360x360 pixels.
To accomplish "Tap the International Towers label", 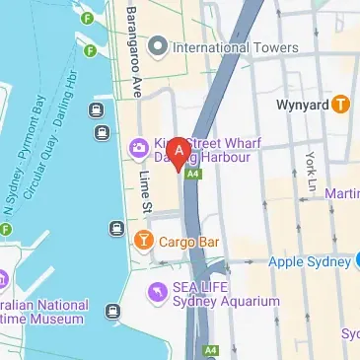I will pyautogui.click(x=235, y=47).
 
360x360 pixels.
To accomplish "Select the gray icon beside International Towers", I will pyautogui.click(x=157, y=46).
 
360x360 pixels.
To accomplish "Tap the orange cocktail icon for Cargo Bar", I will pyautogui.click(x=144, y=240).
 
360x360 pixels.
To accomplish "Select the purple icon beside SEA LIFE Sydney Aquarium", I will pyautogui.click(x=155, y=292).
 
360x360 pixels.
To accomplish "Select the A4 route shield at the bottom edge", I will pyautogui.click(x=210, y=350).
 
